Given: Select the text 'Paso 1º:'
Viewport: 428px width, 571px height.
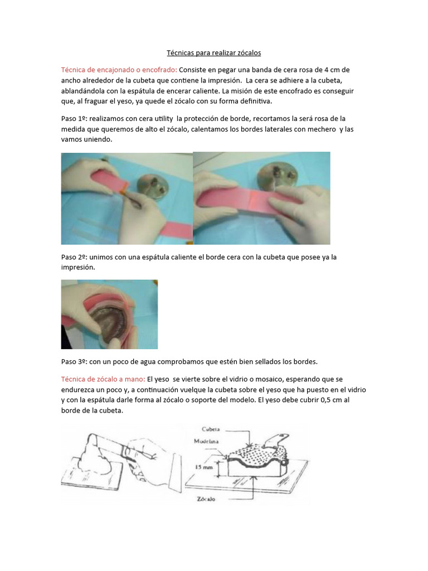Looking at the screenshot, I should [74, 119].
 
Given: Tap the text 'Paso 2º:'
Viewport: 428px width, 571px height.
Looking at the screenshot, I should [74, 257].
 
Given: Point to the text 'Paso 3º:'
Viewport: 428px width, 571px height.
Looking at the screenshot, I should [74, 361].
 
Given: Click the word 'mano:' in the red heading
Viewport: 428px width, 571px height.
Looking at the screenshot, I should [134, 379].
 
